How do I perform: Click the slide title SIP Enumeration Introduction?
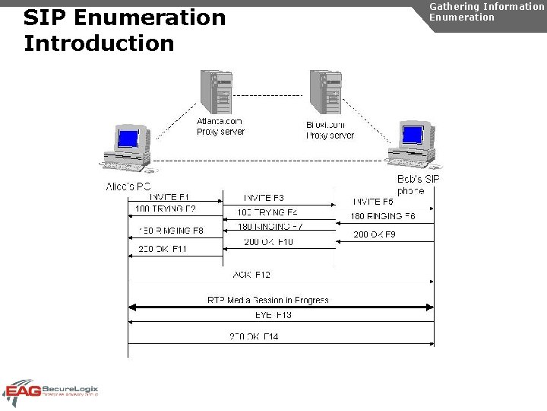click(125, 30)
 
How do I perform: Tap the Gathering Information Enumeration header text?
click(486, 11)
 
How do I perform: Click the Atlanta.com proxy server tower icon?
click(215, 92)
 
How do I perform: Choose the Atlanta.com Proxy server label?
click(220, 126)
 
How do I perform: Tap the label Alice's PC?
click(128, 186)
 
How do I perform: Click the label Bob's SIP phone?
click(417, 185)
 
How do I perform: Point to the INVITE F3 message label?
click(264, 198)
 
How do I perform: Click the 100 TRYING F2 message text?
click(165, 209)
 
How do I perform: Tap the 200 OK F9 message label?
click(374, 234)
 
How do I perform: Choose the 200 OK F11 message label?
click(163, 249)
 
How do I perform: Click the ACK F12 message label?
click(251, 274)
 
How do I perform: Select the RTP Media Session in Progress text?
click(267, 300)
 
